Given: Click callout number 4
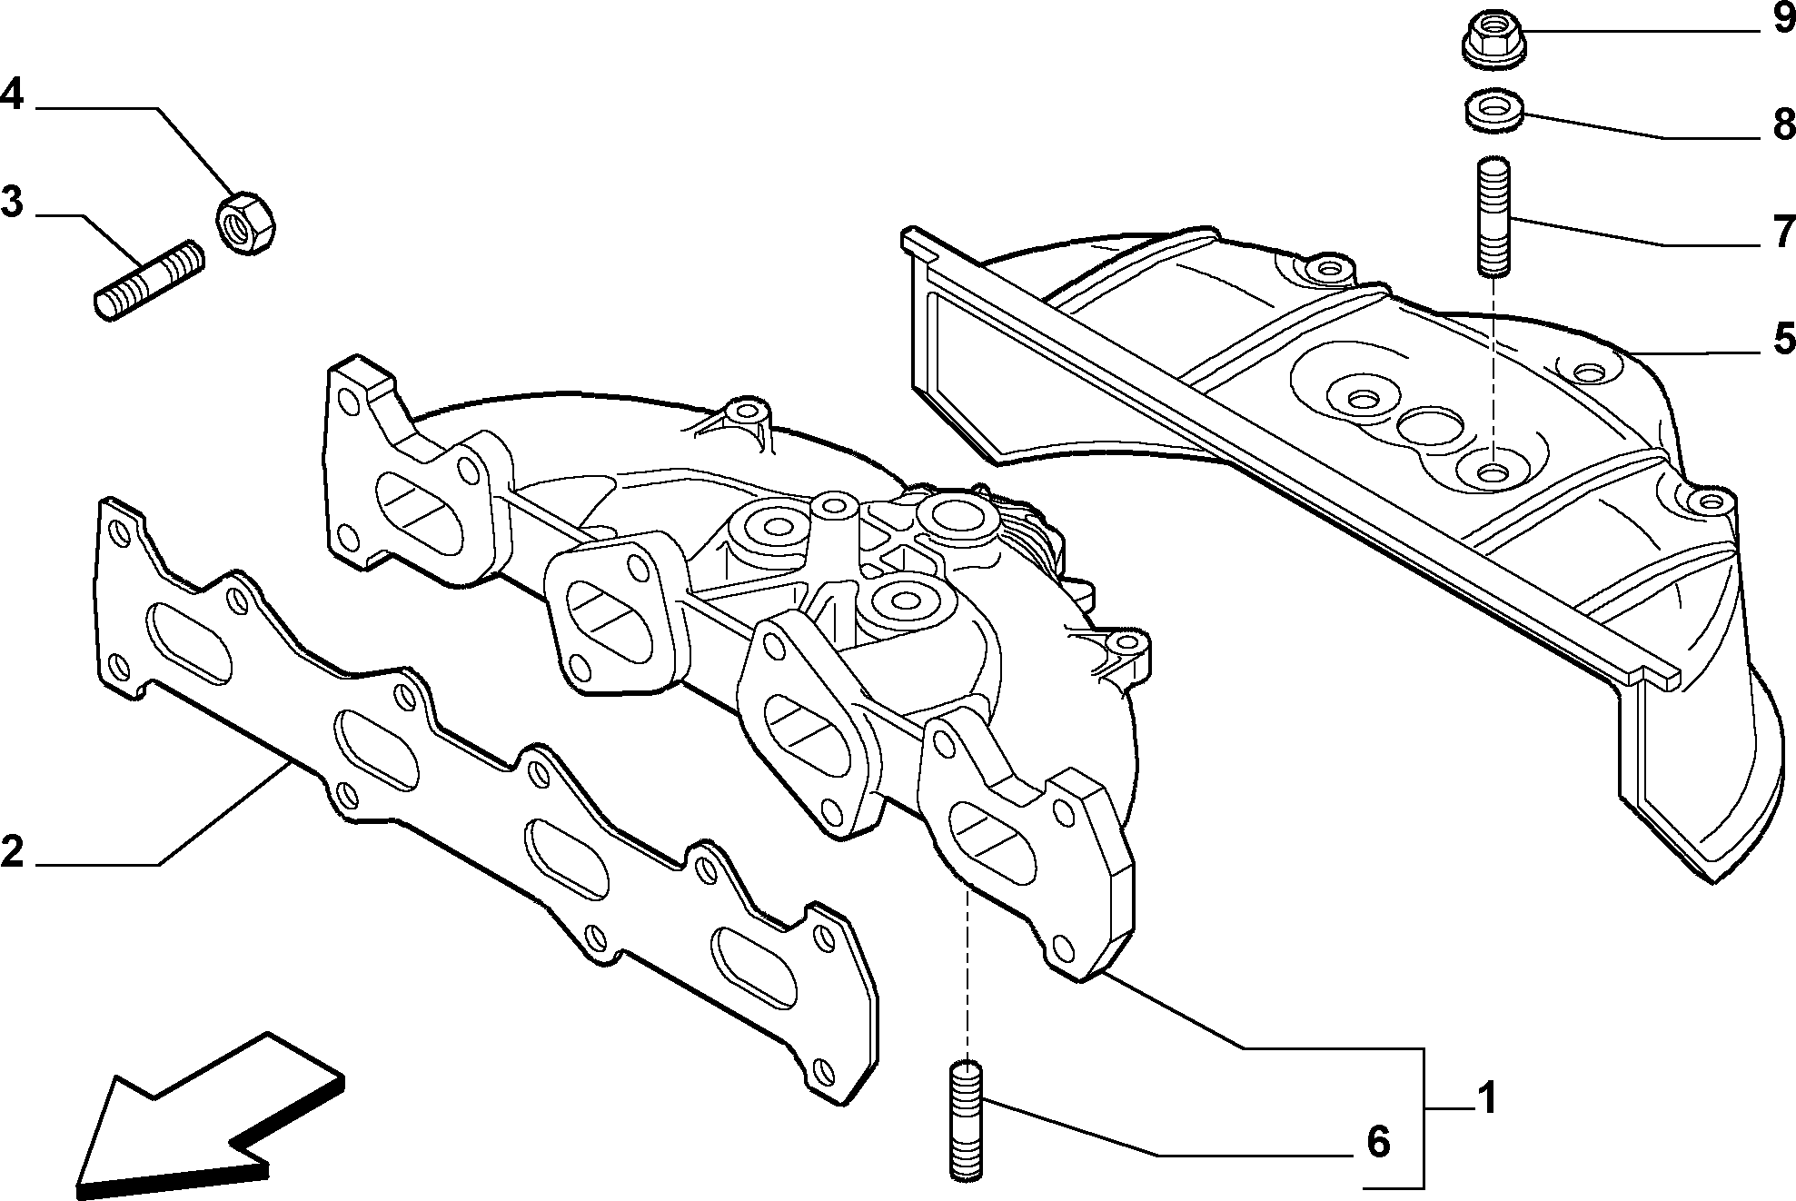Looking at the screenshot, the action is [x=12, y=94].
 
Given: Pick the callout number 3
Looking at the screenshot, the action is [x=12, y=201].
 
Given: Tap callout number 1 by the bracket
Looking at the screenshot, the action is [x=1484, y=1099].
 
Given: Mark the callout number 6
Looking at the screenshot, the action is [x=1378, y=1142].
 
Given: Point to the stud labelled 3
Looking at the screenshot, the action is [x=150, y=279].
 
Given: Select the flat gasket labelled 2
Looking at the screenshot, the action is [x=487, y=800].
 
